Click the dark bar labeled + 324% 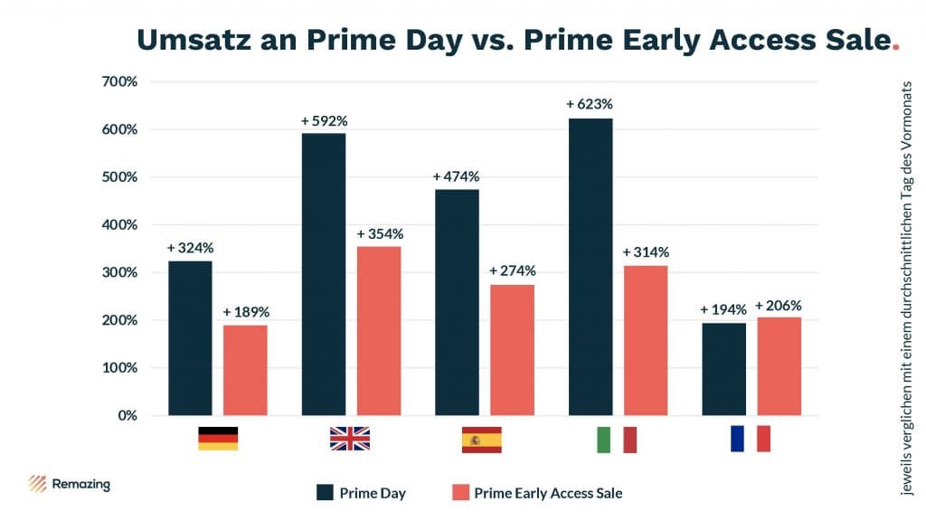coord(190,338)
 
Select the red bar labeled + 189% coord(245,370)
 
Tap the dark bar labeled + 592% coord(324,274)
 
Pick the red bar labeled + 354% coord(379,331)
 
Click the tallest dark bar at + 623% coord(590,267)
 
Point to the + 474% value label coord(456,176)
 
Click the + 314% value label coord(646,252)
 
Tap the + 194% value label coord(723,310)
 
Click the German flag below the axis coord(218,439)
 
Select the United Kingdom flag coord(350,439)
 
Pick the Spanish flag coord(481,439)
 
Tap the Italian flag coord(617,439)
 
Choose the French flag coord(750,439)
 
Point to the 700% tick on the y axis coord(119,81)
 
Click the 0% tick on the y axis coord(126,416)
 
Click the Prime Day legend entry coord(361,493)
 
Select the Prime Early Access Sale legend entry coord(535,493)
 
